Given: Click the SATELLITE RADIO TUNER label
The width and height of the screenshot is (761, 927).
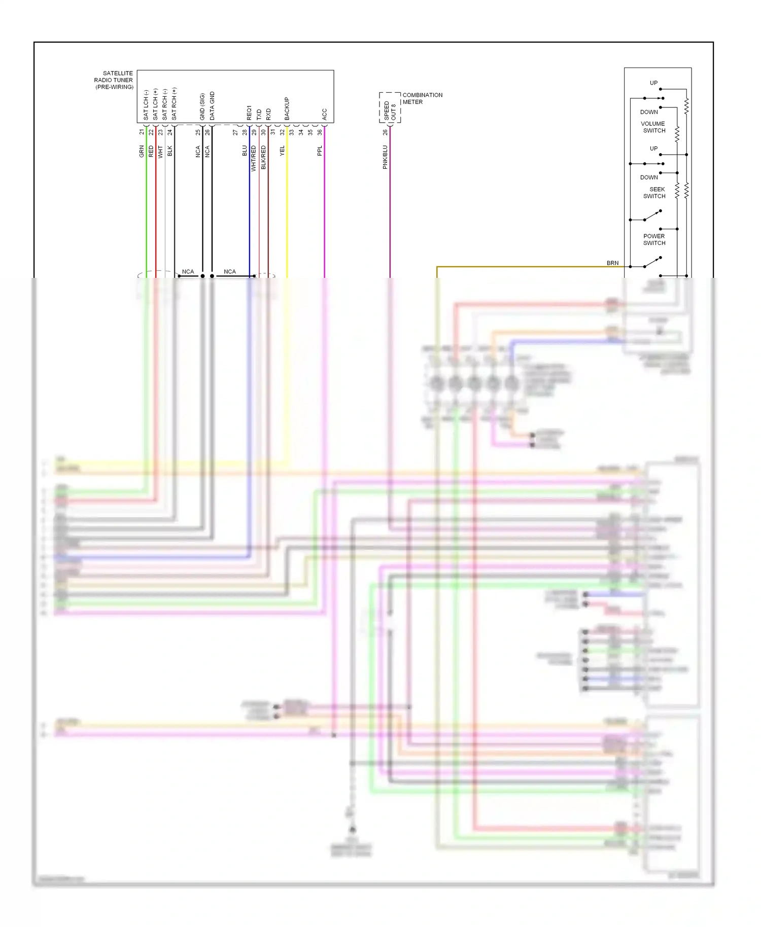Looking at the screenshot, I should tap(114, 80).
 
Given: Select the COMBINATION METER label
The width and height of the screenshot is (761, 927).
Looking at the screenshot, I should tap(422, 98).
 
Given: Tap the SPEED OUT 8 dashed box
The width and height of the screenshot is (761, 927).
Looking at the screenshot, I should tap(390, 108).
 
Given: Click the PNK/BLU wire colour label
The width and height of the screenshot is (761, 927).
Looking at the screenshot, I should tap(385, 157).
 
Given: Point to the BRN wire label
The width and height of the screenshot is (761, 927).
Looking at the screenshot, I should tap(612, 263).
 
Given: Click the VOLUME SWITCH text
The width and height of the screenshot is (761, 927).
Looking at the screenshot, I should tap(653, 127).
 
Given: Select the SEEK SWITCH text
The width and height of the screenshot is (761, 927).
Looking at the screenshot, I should tap(654, 193).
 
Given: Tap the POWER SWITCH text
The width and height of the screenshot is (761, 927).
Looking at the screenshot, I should tap(654, 239).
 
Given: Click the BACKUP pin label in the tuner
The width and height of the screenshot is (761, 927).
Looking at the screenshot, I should tap(287, 109).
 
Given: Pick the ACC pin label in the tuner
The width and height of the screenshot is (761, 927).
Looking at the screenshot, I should tap(324, 114).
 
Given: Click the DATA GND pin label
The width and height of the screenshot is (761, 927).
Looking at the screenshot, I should tap(212, 106).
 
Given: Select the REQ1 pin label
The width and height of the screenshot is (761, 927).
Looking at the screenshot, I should tap(249, 113).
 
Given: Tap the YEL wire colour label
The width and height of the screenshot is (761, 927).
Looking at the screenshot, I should tap(282, 151).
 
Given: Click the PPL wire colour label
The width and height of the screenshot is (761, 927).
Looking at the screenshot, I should tap(320, 151).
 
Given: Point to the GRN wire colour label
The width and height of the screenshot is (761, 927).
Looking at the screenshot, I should tap(142, 151).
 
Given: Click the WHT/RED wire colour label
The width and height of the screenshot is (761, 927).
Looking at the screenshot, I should tap(254, 158).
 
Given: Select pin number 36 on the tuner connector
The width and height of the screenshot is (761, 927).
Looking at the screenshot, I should tap(320, 132).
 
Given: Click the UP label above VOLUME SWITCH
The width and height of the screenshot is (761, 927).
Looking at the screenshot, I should tap(653, 83).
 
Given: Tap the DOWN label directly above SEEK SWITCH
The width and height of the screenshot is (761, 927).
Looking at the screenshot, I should tap(649, 177).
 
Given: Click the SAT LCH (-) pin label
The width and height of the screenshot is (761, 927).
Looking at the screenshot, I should tap(146, 105).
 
